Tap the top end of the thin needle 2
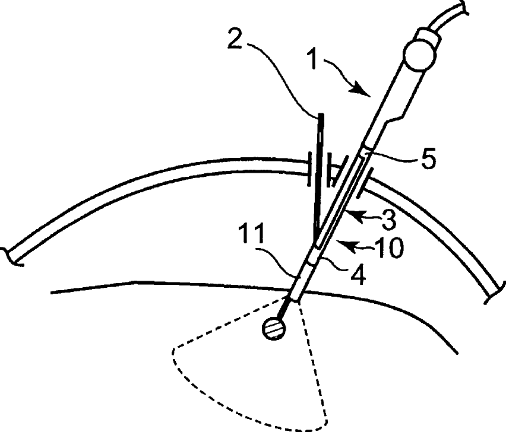320,115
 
